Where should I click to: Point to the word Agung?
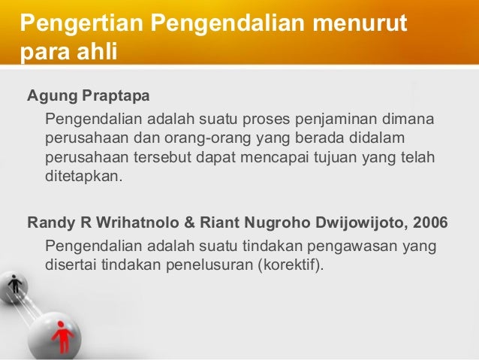pyautogui.click(x=50, y=98)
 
